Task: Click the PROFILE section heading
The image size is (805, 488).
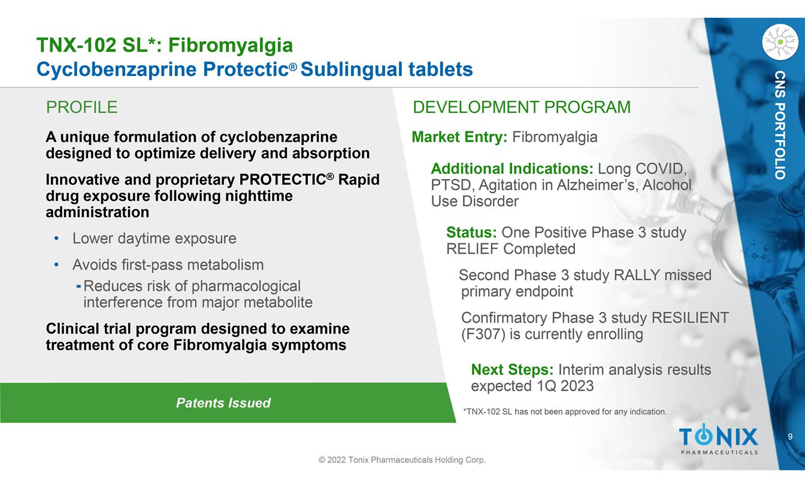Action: click(81, 107)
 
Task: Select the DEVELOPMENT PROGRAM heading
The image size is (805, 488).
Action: click(522, 107)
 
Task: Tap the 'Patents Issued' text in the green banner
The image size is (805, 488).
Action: click(223, 403)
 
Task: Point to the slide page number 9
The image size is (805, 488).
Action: click(790, 437)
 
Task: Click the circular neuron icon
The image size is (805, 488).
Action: click(780, 42)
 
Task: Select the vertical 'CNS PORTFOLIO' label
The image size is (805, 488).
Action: click(780, 125)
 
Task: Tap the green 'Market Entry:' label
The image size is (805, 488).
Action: click(459, 137)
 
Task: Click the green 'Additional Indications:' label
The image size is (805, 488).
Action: click(512, 169)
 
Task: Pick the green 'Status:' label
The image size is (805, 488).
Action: click(471, 233)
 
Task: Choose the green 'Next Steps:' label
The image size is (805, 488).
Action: click(512, 370)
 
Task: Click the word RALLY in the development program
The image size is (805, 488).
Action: click(637, 275)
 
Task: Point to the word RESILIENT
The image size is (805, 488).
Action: click(690, 318)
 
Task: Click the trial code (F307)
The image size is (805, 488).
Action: click(483, 334)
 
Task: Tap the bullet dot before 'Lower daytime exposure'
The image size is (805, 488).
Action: click(56, 238)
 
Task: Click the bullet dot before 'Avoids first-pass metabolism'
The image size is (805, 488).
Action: click(56, 265)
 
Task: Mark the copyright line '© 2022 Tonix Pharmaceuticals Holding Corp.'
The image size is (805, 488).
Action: click(402, 460)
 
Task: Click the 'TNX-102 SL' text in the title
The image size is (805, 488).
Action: click(92, 45)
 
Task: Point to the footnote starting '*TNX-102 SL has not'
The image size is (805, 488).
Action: click(565, 411)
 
